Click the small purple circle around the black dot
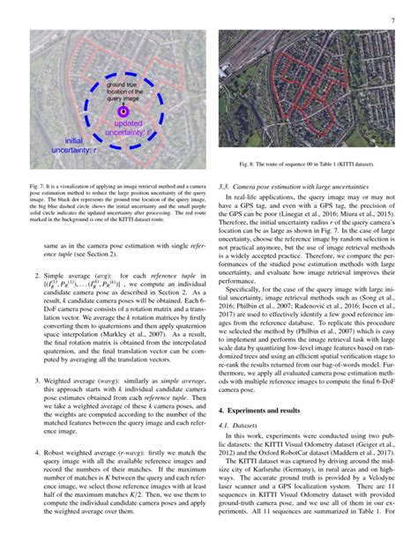pos(122,113)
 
